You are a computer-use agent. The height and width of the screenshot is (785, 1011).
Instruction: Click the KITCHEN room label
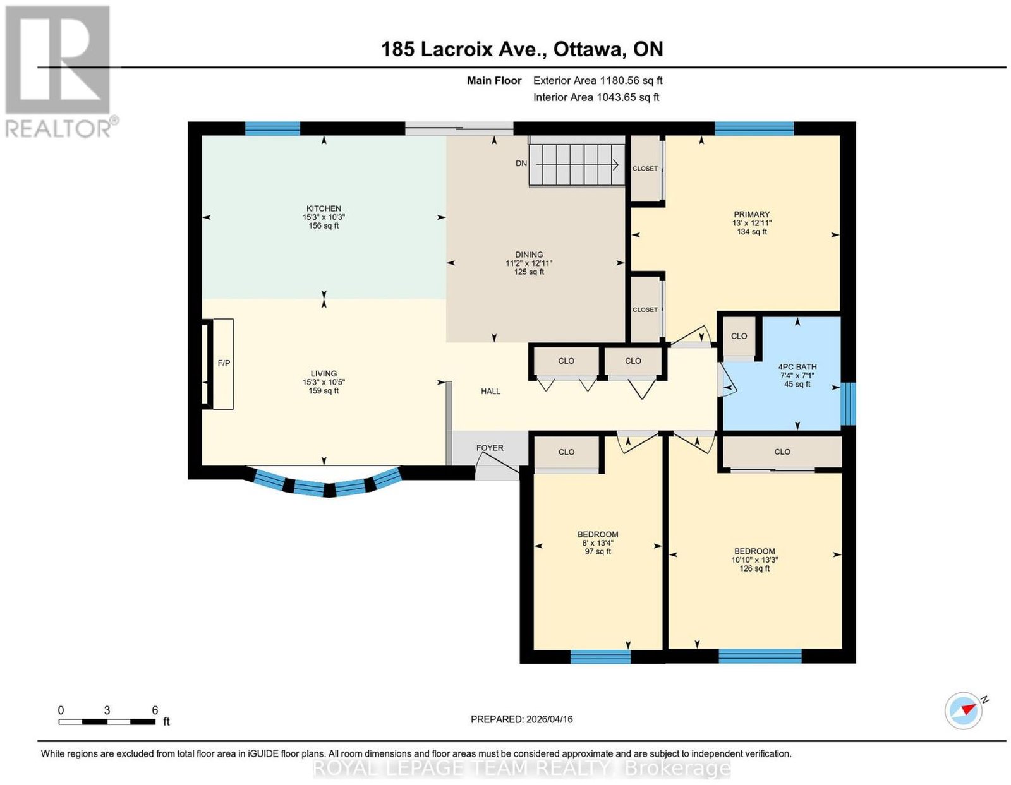click(324, 208)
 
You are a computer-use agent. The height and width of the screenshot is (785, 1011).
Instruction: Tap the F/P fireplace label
click(224, 363)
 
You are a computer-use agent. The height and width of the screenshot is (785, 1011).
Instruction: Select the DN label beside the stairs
click(521, 164)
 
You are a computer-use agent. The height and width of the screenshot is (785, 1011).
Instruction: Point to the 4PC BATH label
click(797, 367)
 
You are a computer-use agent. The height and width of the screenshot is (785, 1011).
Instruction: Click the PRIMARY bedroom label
click(751, 214)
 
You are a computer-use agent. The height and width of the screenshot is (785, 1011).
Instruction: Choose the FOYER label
click(490, 448)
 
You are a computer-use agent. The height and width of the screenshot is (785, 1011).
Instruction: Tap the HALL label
click(490, 392)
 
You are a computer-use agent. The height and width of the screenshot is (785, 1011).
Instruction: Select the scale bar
click(107, 722)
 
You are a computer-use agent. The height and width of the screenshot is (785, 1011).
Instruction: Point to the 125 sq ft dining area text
click(528, 272)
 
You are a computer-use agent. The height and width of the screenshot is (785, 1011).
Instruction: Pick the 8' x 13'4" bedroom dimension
click(597, 543)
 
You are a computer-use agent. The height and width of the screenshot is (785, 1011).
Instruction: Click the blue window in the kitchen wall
click(272, 128)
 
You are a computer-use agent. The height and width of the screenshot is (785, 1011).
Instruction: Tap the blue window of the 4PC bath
click(848, 404)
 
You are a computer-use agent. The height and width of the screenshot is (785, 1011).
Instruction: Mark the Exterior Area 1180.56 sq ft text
click(597, 81)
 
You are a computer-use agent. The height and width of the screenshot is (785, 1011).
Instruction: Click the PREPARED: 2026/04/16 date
click(521, 719)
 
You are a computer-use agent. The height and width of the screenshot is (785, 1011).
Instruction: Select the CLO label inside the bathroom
click(739, 336)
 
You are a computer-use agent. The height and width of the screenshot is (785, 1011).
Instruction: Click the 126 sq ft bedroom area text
click(754, 568)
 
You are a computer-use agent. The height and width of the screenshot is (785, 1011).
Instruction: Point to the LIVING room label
click(324, 374)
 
